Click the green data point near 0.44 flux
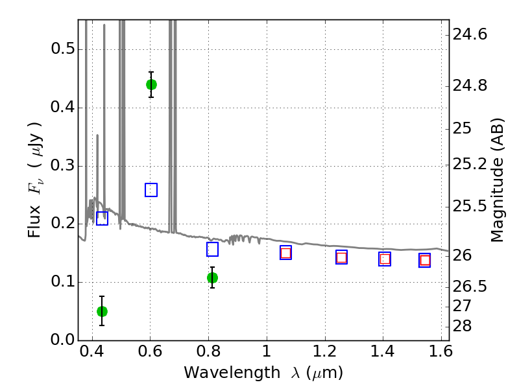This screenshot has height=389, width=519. (x=151, y=84)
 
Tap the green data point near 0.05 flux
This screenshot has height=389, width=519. (x=102, y=311)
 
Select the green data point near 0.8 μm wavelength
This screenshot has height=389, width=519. (x=212, y=277)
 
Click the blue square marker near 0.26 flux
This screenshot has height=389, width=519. (x=151, y=190)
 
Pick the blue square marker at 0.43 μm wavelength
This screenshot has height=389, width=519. (x=102, y=218)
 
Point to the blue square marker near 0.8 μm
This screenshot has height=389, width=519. (x=212, y=250)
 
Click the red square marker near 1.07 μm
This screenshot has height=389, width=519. (x=285, y=253)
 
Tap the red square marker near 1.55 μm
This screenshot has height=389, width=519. (x=425, y=261)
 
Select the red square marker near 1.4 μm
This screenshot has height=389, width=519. (x=385, y=259)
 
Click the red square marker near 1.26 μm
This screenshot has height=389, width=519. (x=341, y=257)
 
